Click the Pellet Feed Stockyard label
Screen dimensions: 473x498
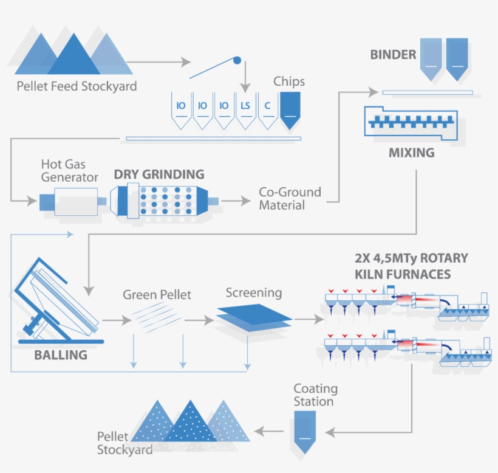[x=77, y=86]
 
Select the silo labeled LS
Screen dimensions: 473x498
[x=245, y=109]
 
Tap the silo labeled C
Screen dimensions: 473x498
[x=267, y=109]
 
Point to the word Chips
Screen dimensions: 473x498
[x=289, y=81]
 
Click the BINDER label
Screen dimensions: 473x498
[x=393, y=55]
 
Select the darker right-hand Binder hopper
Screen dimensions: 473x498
[x=457, y=58]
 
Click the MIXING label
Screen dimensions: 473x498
[x=411, y=153]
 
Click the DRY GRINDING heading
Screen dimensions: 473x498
[x=159, y=174]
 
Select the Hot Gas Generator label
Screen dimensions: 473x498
[x=69, y=171]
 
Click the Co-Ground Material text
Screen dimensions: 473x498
[x=290, y=199]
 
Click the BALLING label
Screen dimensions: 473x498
[x=61, y=354]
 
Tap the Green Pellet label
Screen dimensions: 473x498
[x=157, y=295]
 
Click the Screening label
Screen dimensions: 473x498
[x=254, y=292]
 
